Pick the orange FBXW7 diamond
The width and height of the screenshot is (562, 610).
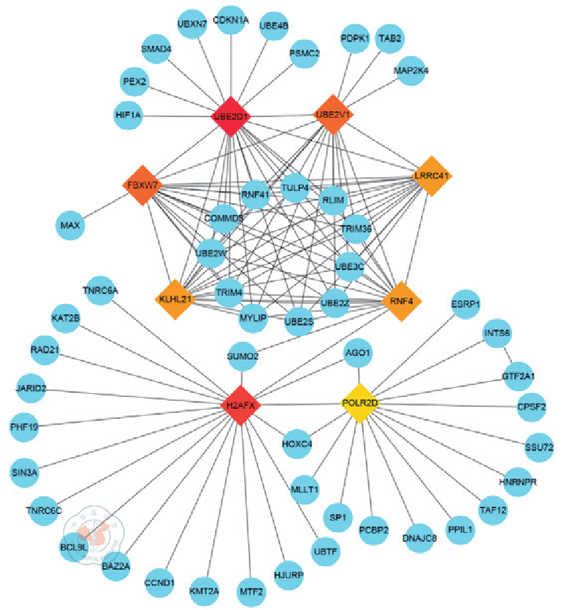point(142,185)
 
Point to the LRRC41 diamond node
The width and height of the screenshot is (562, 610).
point(431,176)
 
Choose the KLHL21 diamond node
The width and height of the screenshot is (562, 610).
point(175,300)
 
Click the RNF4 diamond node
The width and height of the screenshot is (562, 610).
point(402,301)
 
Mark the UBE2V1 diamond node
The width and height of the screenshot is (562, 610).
point(334,114)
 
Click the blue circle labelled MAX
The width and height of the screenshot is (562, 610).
point(70,226)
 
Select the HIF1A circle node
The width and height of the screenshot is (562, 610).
point(128,115)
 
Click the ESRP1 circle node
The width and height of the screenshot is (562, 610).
point(465,305)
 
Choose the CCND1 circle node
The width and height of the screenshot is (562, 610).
point(159,583)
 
